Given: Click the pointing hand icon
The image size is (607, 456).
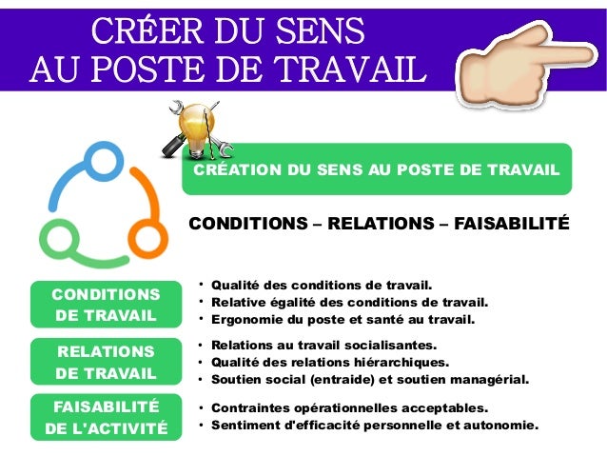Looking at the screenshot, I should (527, 70).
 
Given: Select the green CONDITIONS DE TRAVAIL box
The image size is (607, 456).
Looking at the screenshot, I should (106, 304).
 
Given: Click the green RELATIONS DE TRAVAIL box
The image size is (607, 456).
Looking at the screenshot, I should (106, 362).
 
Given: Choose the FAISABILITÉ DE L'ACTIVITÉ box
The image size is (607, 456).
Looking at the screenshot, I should (106, 417).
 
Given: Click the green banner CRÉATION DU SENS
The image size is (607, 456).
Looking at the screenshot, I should (377, 169).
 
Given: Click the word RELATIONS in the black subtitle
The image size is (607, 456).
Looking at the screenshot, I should (378, 225).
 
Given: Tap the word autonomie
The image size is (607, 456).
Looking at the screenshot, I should (502, 425).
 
